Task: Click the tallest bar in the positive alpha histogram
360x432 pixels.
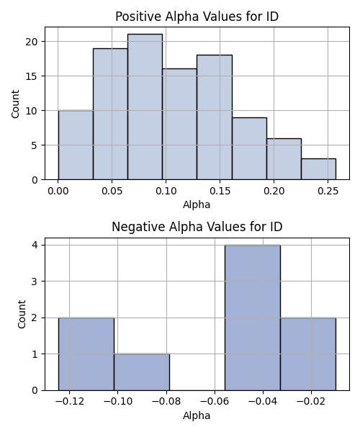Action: tap(145, 107)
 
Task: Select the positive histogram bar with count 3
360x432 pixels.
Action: tap(318, 169)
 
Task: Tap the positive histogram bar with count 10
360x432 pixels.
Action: tap(76, 145)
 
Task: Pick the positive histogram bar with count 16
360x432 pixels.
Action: tap(179, 125)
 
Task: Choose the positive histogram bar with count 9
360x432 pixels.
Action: tap(249, 148)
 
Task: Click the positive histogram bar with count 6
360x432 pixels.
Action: tap(284, 159)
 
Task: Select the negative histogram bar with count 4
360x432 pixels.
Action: tap(253, 318)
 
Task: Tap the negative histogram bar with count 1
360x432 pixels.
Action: tap(142, 372)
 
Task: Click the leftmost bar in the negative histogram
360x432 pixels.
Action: tap(86, 354)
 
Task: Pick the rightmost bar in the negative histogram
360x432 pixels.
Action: tap(308, 354)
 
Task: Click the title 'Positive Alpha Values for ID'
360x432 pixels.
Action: tap(197, 17)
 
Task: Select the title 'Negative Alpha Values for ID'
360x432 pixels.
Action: tap(197, 227)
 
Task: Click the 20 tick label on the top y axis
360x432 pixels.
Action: tap(32, 42)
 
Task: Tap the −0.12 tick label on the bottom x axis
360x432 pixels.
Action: tap(69, 402)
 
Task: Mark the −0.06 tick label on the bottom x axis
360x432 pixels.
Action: tap(215, 402)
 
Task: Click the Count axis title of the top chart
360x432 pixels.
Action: tap(15, 104)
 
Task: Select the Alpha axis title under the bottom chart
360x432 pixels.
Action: tap(197, 415)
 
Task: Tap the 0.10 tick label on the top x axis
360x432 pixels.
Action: tap(166, 191)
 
